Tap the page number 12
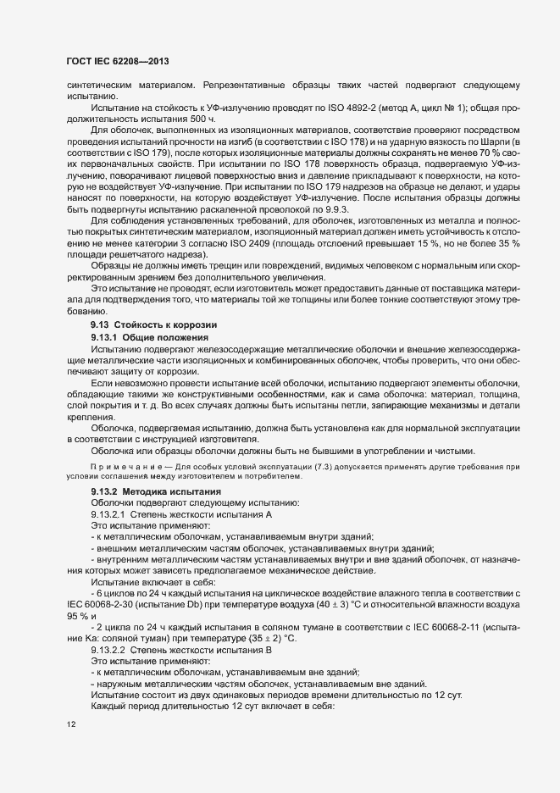click(x=71, y=724)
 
